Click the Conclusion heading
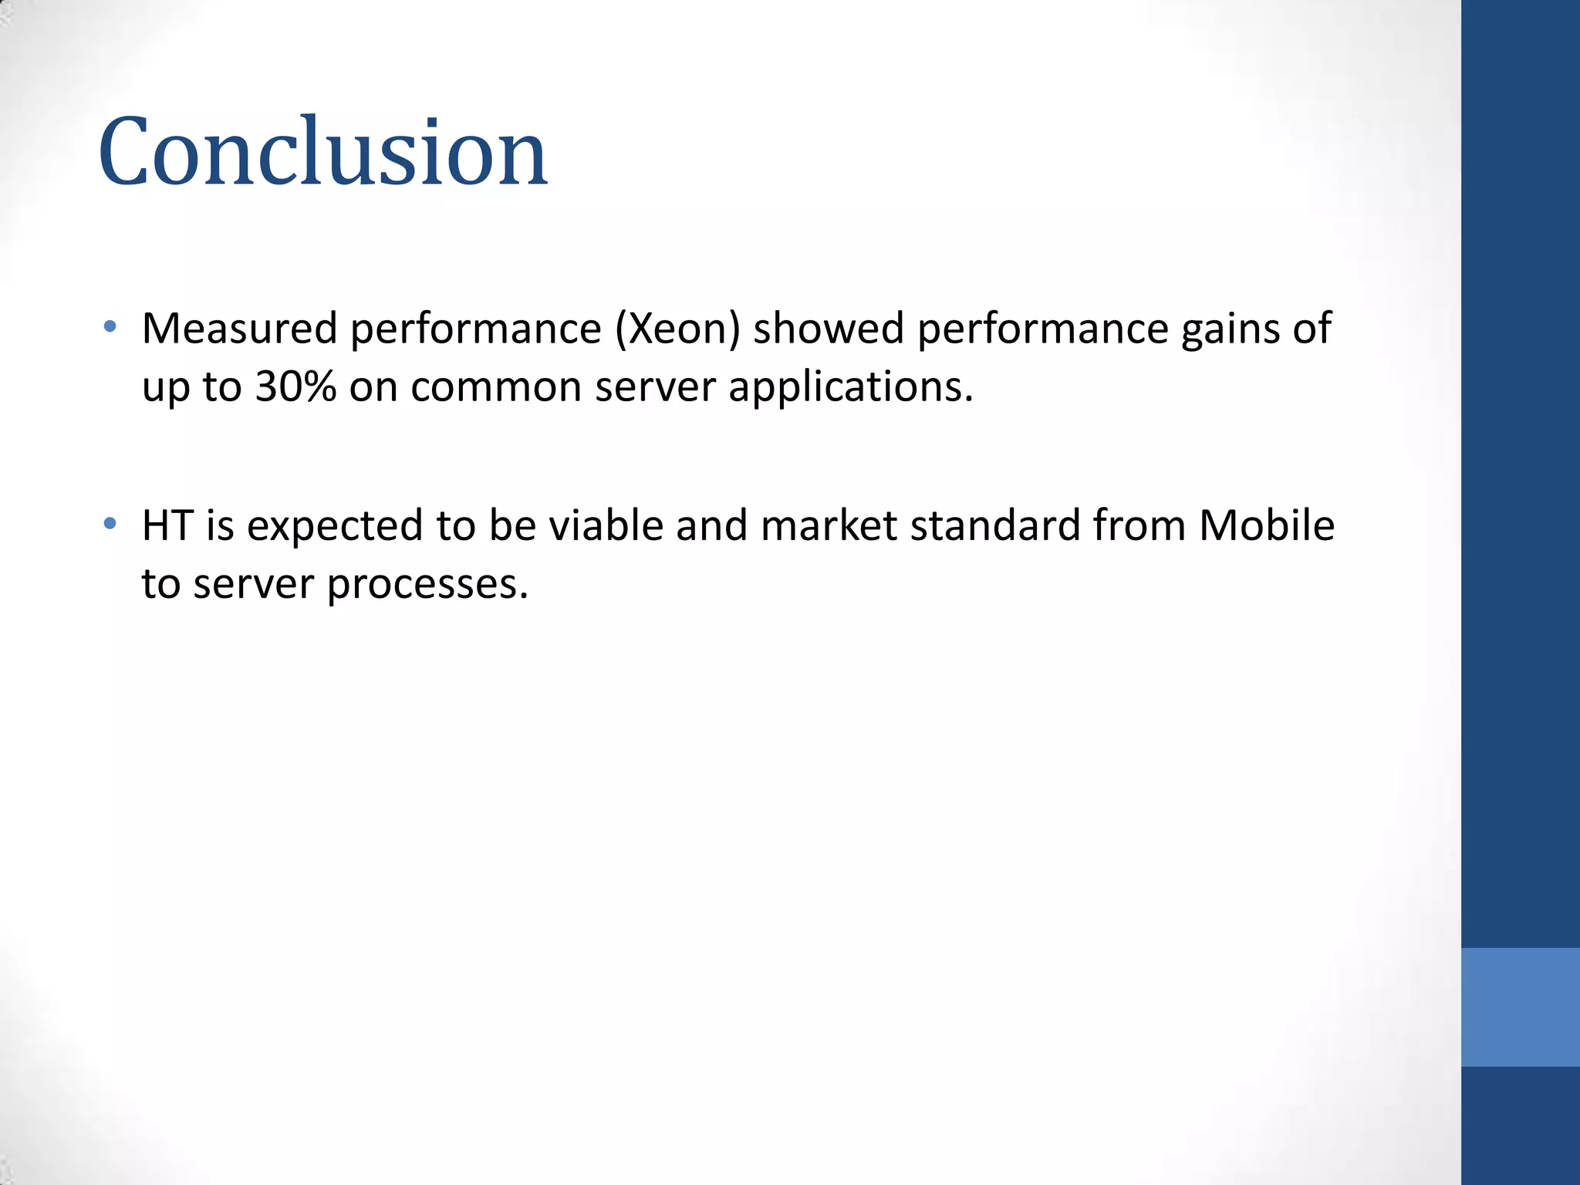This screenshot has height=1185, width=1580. tap(322, 151)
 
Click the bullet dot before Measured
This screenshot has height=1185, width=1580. tap(110, 326)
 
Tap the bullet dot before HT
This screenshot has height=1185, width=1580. tap(110, 524)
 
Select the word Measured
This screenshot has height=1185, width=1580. tap(239, 328)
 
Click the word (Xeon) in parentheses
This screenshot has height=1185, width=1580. tap(677, 329)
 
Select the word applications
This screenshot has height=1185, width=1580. tap(850, 388)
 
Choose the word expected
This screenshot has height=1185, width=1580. tap(334, 527)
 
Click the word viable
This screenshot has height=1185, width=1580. tap(605, 525)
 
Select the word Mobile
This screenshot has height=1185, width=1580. tap(1266, 525)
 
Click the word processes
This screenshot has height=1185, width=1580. tap(427, 585)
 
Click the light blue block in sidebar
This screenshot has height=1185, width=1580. tap(1520, 1007)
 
